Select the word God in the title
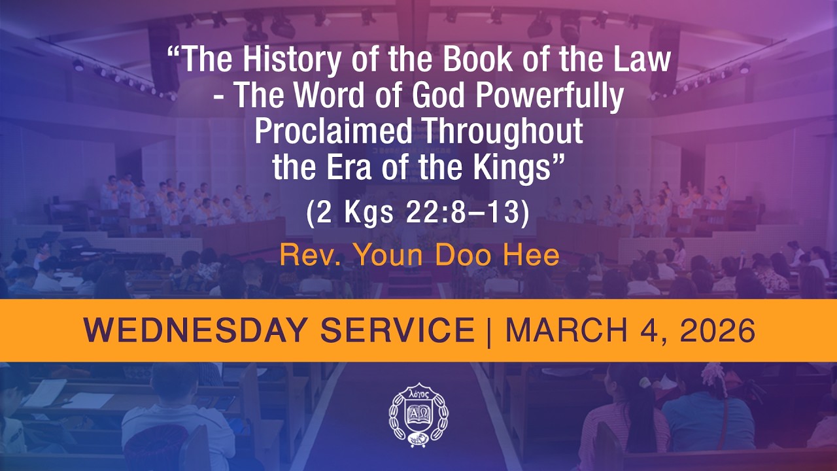(x=422, y=97)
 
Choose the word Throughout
(x=502, y=133)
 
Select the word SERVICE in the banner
(x=395, y=331)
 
